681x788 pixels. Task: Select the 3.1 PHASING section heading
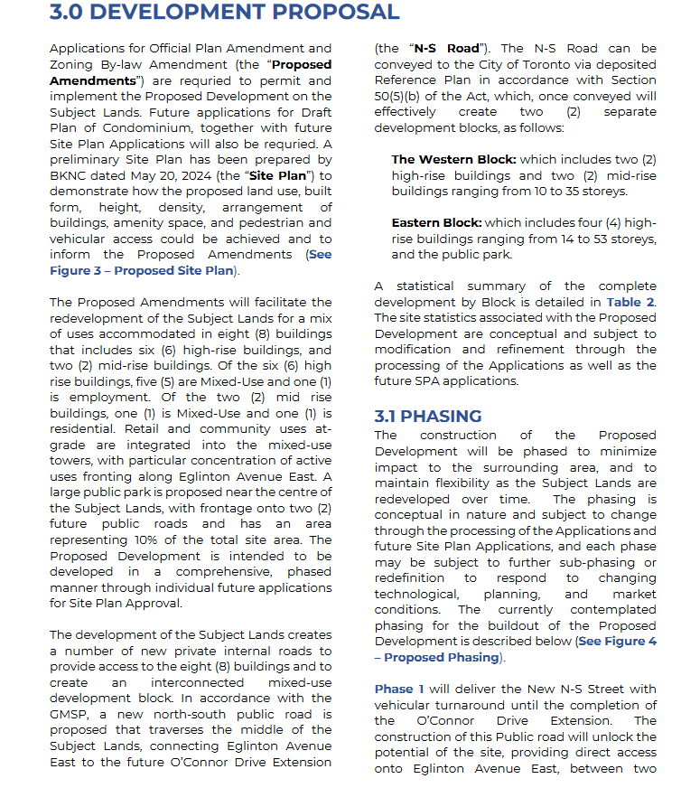pyautogui.click(x=428, y=416)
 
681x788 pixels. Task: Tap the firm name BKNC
pyautogui.click(x=70, y=175)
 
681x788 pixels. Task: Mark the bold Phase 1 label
pyautogui.click(x=398, y=689)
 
